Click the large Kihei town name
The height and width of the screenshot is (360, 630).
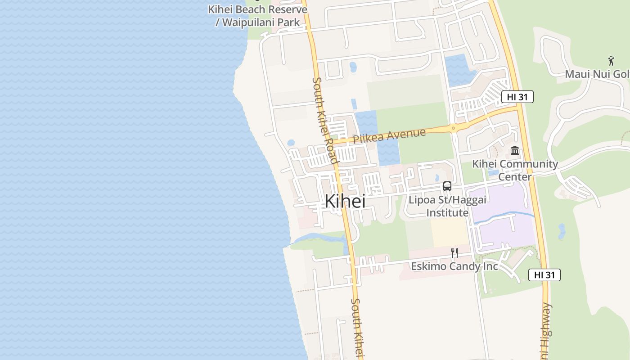345,201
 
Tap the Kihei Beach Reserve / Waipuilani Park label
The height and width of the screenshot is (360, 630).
257,16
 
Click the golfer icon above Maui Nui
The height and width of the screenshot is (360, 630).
611,61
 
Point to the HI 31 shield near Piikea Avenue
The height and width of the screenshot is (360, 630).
517,96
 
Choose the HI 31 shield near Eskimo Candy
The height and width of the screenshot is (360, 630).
544,275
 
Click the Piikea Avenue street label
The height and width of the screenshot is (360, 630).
389,136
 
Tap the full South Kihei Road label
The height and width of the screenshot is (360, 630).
325,120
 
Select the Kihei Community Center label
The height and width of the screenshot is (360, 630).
515,170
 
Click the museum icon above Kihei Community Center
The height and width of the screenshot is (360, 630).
515,150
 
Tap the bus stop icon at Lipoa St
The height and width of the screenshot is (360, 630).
447,186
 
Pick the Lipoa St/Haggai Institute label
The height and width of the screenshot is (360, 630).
439,206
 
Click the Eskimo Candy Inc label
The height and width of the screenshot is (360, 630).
454,266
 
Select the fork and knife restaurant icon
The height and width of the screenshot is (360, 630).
454,253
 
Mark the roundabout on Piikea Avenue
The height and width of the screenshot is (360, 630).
453,128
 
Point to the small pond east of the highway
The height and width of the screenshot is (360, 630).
561,231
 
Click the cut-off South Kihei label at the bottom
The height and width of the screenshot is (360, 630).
358,328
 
